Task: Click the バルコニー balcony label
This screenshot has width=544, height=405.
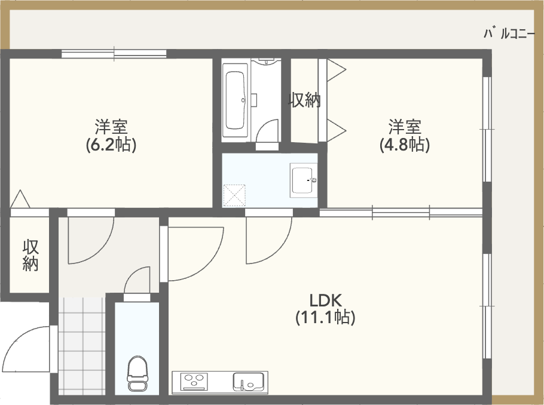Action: pyautogui.click(x=509, y=33)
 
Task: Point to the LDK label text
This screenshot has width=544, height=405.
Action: pyautogui.click(x=325, y=300)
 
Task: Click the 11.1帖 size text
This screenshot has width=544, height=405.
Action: pyautogui.click(x=325, y=317)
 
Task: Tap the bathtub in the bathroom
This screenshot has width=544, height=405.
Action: pyautogui.click(x=236, y=100)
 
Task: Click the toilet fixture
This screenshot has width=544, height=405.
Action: pyautogui.click(x=137, y=374)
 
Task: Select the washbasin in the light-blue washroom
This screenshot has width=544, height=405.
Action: pyautogui.click(x=303, y=180)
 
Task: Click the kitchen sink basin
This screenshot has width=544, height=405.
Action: pyautogui.click(x=247, y=382)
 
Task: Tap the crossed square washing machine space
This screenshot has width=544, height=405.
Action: pyautogui.click(x=234, y=195)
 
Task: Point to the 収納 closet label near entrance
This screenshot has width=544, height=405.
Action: pyautogui.click(x=30, y=255)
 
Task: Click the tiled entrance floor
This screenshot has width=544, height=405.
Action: pyautogui.click(x=82, y=346)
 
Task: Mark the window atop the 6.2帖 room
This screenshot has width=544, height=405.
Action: pyautogui.click(x=114, y=54)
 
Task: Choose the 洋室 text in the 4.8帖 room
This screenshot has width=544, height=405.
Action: pyautogui.click(x=405, y=127)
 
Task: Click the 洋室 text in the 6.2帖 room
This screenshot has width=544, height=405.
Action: pyautogui.click(x=111, y=127)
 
